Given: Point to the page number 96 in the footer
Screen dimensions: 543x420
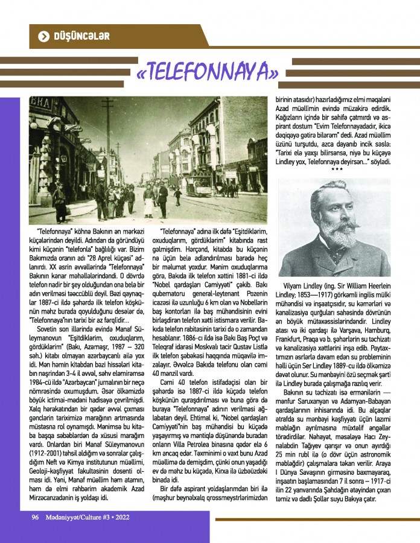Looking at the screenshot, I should coord(36,517).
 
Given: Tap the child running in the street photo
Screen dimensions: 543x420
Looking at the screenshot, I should coord(177,194).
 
